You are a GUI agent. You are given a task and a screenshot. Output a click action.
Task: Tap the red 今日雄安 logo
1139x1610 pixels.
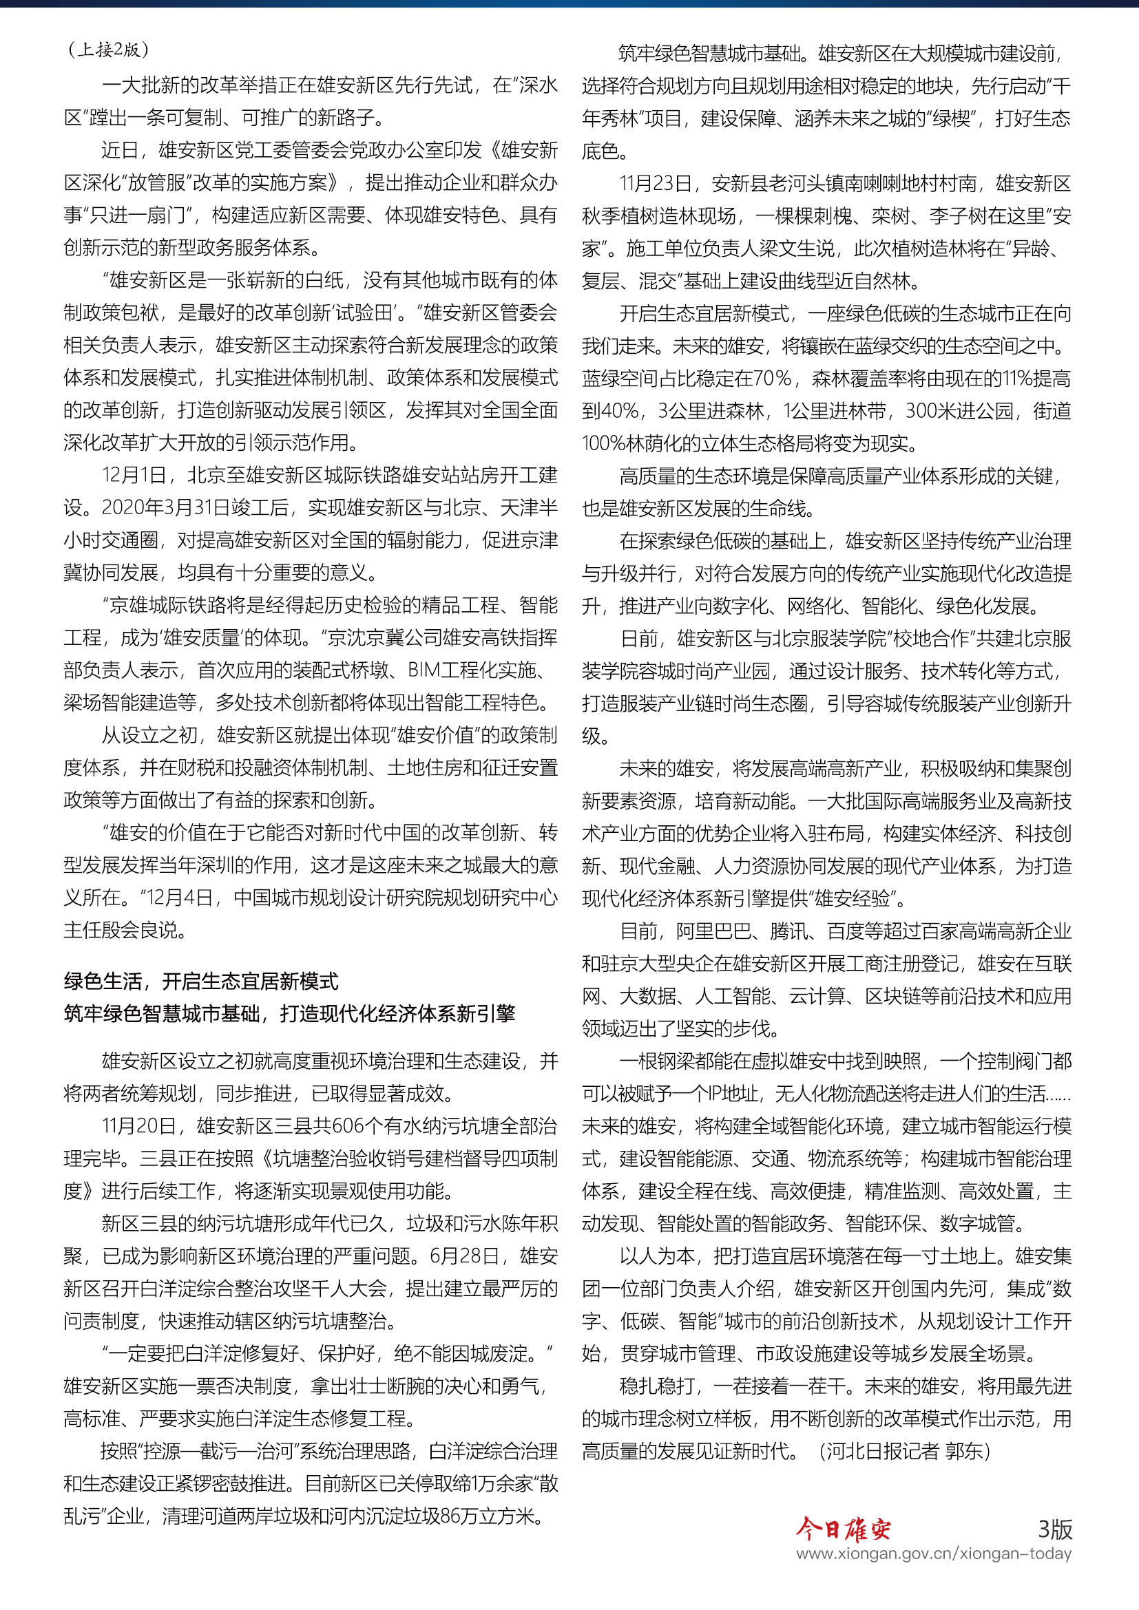(843, 1528)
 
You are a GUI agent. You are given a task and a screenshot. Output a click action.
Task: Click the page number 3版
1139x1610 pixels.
(1055, 1529)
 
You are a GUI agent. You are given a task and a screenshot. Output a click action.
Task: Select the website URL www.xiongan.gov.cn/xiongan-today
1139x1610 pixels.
(934, 1553)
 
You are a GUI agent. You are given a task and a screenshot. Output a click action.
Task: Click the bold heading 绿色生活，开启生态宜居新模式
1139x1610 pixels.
(201, 980)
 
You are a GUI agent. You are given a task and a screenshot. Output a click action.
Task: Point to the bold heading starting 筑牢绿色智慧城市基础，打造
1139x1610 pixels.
(289, 1013)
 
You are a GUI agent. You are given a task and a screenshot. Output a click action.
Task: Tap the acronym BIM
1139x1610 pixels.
(424, 670)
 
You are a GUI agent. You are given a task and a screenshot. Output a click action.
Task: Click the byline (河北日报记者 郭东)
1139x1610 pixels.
(904, 1450)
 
